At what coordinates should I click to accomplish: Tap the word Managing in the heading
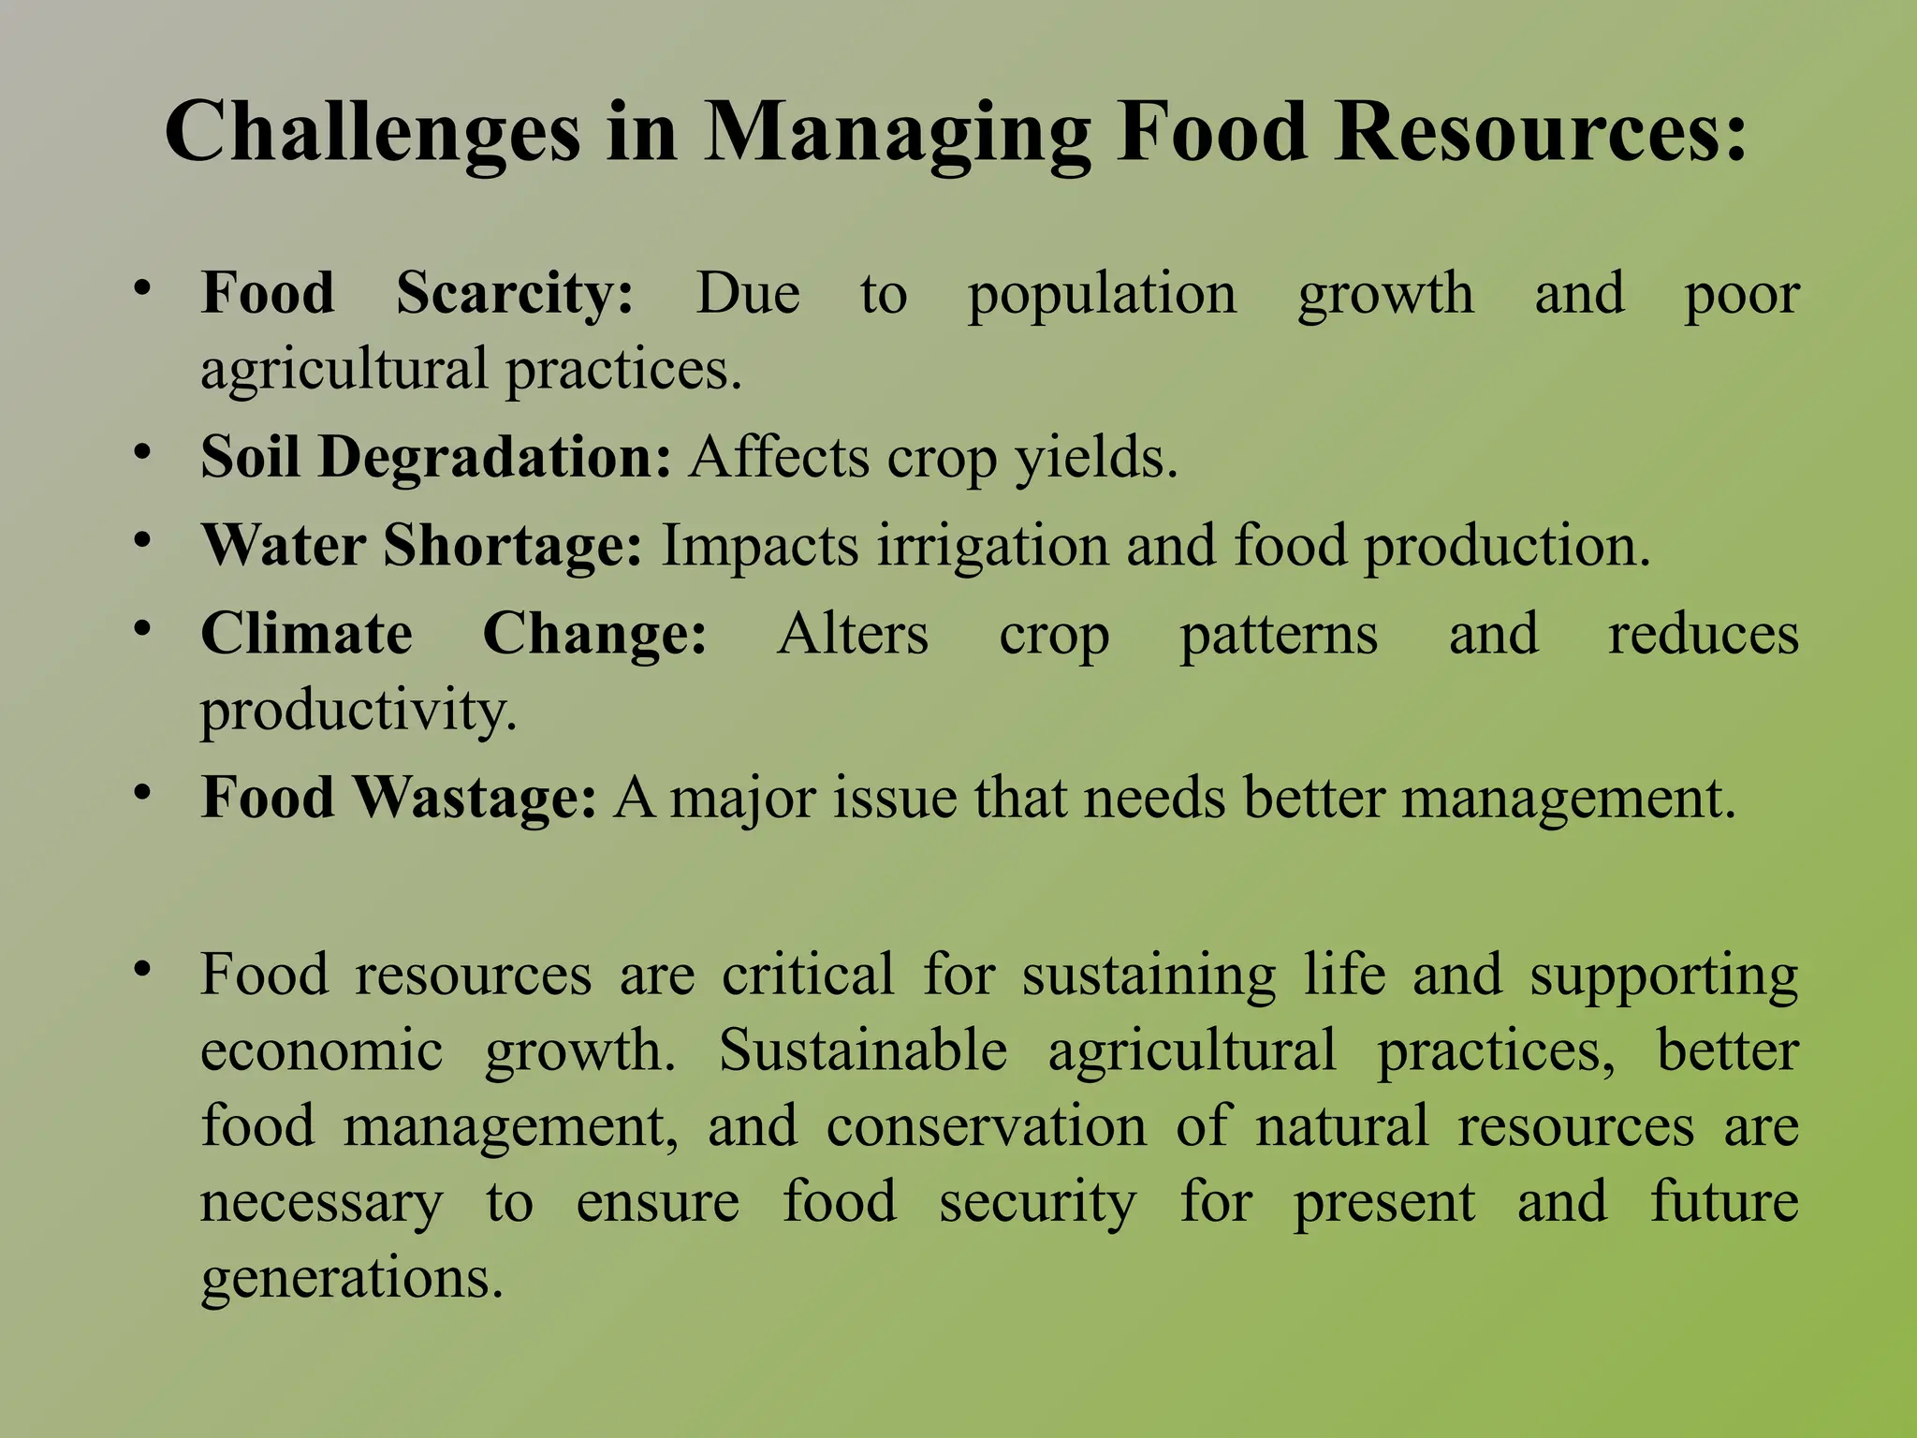pyautogui.click(x=897, y=133)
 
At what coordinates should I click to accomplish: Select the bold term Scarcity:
pyautogui.click(x=515, y=293)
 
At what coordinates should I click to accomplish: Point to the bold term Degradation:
pyautogui.click(x=494, y=458)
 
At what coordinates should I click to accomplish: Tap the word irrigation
pyautogui.click(x=992, y=546)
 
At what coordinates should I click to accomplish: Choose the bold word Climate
pyautogui.click(x=306, y=634)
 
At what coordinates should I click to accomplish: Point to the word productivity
pyautogui.click(x=359, y=711)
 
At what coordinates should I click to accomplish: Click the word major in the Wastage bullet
pyautogui.click(x=742, y=800)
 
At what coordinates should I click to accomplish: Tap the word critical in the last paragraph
pyautogui.click(x=808, y=975)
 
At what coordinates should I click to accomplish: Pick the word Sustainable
pyautogui.click(x=862, y=1049)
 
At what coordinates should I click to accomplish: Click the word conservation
pyautogui.click(x=986, y=1125)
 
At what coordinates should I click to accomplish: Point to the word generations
pyautogui.click(x=352, y=1279)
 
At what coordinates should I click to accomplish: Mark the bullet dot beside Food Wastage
pyautogui.click(x=141, y=793)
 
